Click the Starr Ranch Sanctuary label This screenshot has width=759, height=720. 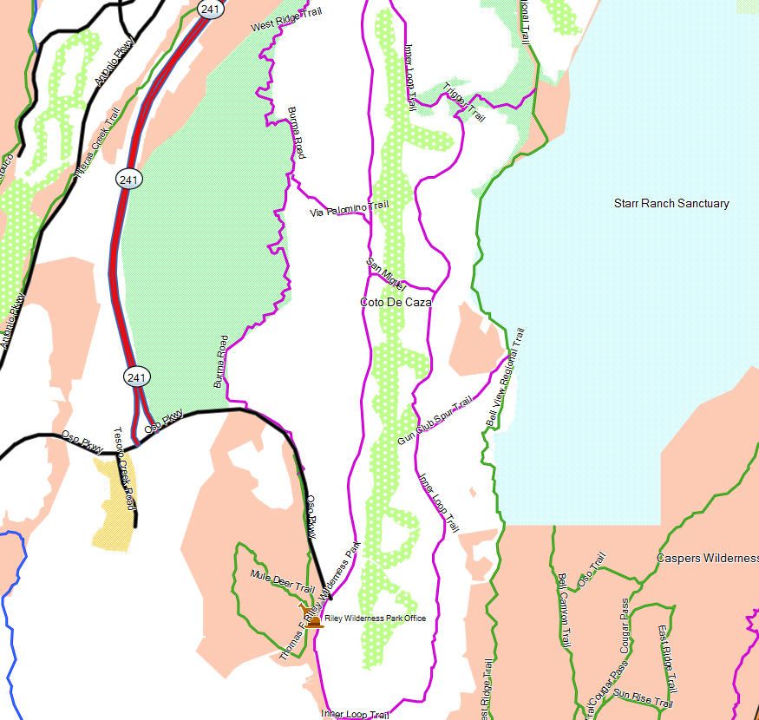click(x=671, y=204)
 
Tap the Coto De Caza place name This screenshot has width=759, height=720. click(x=396, y=303)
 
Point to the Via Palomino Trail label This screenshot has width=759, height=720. click(x=349, y=209)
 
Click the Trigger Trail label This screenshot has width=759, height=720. click(x=463, y=102)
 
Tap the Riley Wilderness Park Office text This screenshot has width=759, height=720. click(x=375, y=618)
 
